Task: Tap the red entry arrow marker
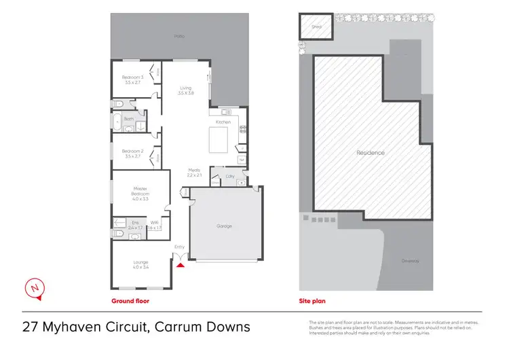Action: point(180,265)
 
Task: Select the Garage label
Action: point(224,226)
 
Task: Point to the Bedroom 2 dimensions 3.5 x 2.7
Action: point(132,156)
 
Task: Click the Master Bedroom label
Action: point(140,191)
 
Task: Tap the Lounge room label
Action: point(140,262)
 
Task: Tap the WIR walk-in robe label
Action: point(154,222)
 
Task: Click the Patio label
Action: point(179,35)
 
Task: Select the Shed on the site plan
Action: point(316,27)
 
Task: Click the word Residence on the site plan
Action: point(371,153)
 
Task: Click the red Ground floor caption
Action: point(130,300)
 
